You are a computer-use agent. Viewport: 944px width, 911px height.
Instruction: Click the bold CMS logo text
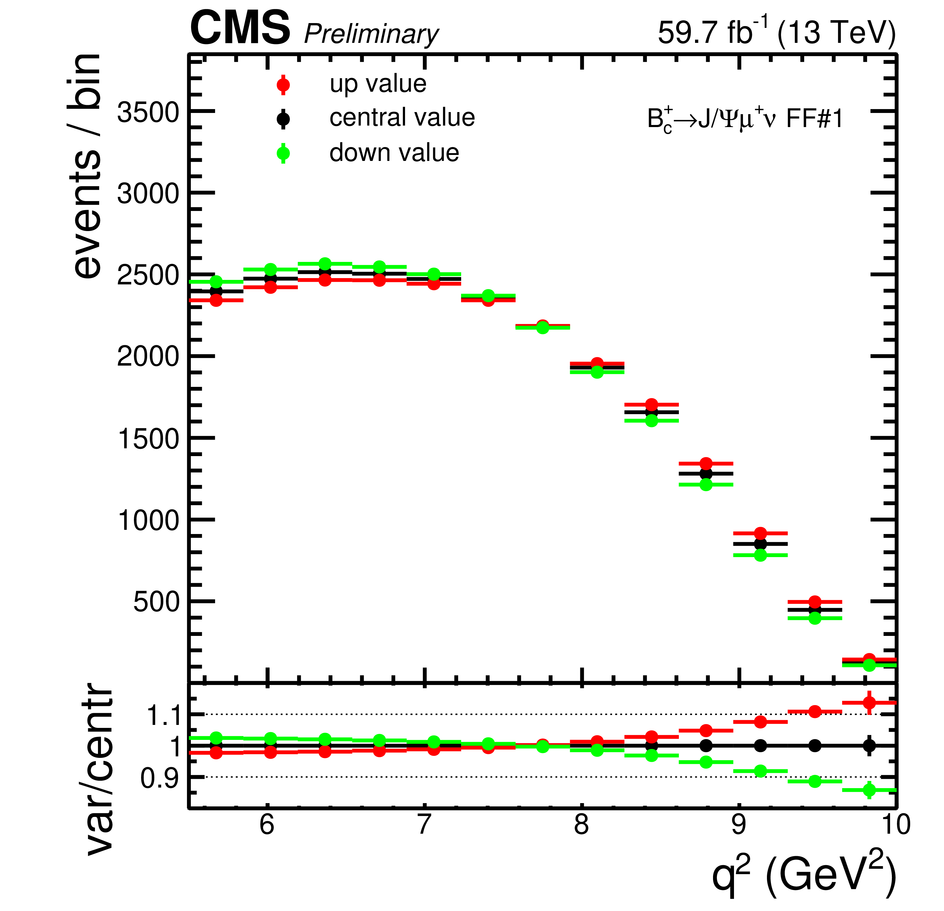(x=240, y=28)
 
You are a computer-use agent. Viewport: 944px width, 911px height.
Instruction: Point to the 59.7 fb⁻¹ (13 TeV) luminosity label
(x=777, y=33)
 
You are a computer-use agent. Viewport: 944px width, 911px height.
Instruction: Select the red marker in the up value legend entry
(x=283, y=85)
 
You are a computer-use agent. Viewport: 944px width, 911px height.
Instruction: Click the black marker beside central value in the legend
(x=283, y=118)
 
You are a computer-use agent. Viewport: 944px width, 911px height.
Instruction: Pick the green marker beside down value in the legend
(x=283, y=153)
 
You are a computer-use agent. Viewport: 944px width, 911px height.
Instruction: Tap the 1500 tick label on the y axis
(x=148, y=439)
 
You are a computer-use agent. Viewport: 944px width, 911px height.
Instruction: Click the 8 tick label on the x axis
(x=581, y=824)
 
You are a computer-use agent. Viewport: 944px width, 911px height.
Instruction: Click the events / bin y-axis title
(x=87, y=166)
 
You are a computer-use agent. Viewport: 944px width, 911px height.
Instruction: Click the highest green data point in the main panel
(x=325, y=263)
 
